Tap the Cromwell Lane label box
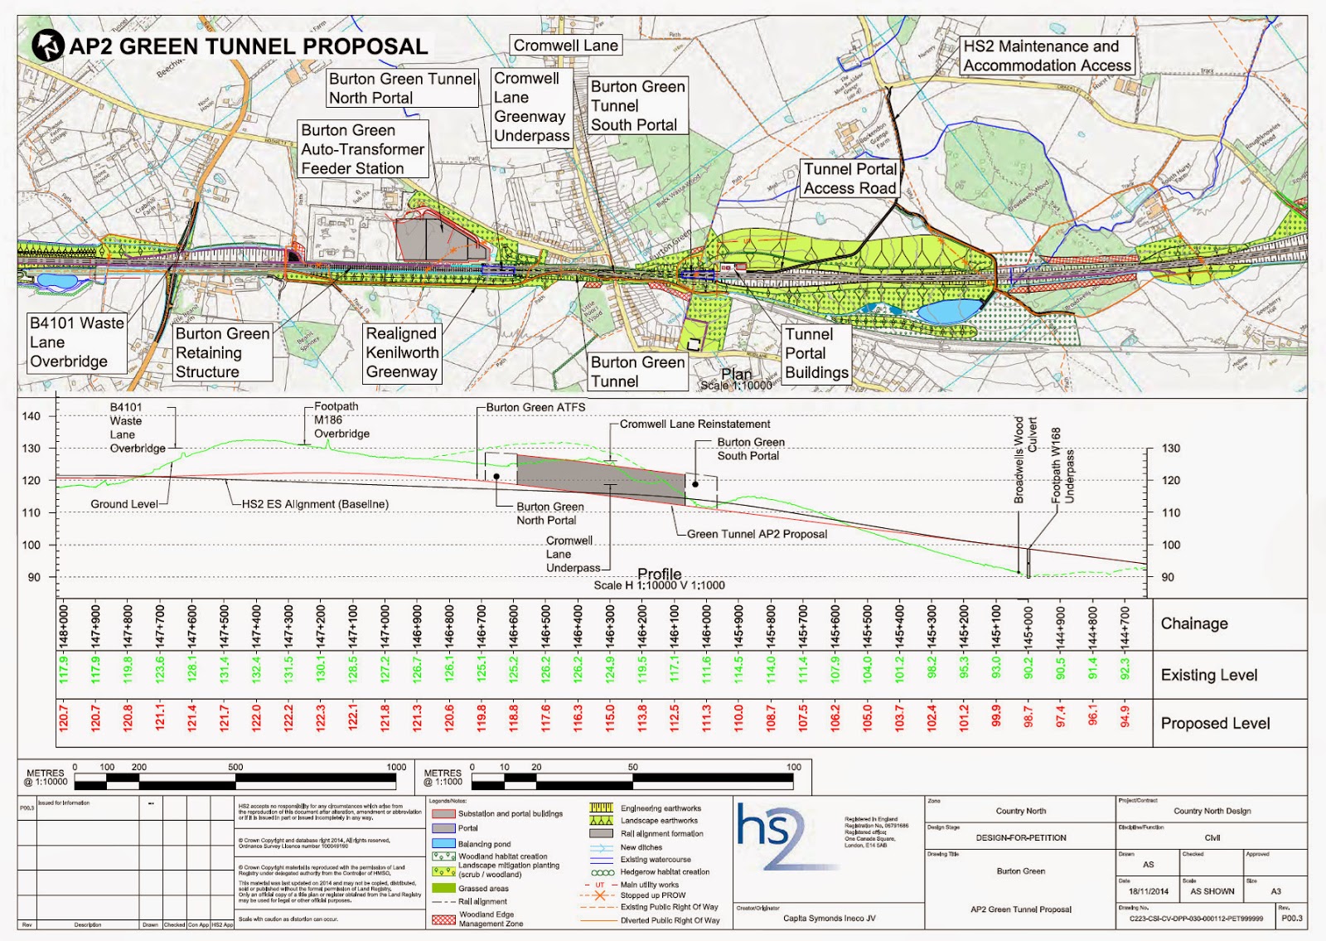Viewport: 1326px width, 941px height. tap(565, 46)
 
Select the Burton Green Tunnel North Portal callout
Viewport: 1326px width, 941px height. tap(403, 88)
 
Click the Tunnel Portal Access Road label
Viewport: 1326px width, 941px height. tap(850, 178)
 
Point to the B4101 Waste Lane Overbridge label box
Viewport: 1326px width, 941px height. tap(76, 342)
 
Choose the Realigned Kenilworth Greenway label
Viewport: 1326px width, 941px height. tap(402, 352)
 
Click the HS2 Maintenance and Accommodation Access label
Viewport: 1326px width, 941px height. tap(1047, 56)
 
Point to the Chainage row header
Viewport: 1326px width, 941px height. tap(1193, 623)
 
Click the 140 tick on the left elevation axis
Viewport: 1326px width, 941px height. tap(31, 416)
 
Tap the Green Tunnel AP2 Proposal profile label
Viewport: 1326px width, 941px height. tap(757, 534)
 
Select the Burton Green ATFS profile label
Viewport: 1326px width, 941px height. tap(535, 407)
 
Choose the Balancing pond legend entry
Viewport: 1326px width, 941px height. tap(484, 843)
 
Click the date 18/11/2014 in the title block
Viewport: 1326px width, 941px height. tap(1148, 891)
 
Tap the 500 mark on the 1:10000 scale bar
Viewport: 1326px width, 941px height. tap(236, 767)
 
